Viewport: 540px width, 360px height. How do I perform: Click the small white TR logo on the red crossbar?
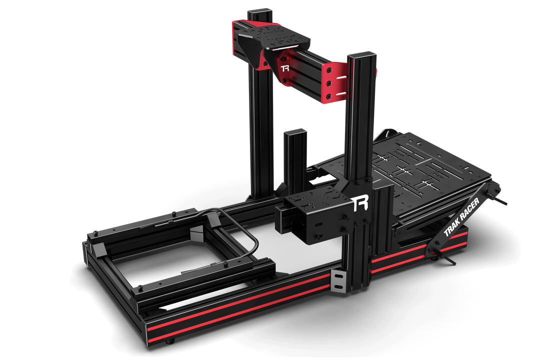(285, 68)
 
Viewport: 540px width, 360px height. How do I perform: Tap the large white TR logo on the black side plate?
(359, 203)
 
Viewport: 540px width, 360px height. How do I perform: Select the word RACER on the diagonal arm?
(470, 208)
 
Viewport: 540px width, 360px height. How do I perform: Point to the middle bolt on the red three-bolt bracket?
(329, 83)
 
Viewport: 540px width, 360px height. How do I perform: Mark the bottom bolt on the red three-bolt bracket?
(328, 95)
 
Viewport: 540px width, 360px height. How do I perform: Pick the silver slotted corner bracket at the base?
(338, 281)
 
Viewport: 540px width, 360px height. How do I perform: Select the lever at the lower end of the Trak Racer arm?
(444, 256)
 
